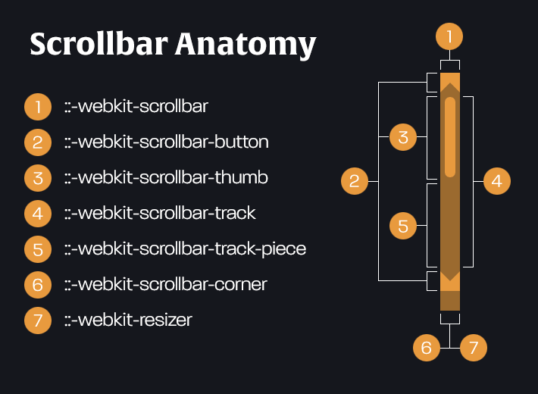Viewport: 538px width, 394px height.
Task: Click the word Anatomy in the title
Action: coord(246,45)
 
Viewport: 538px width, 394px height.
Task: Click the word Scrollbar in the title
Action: coord(99,45)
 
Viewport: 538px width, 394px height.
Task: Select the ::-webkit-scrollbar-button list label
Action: coord(166,142)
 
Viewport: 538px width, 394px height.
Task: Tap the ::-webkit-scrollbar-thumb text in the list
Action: coord(166,177)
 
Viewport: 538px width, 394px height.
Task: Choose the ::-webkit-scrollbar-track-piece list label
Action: coord(185,249)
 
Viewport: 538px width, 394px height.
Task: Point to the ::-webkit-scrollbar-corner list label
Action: coord(165,284)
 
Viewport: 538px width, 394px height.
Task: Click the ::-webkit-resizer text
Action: coord(128,320)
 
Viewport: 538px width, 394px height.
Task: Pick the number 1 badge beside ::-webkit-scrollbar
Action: coord(37,106)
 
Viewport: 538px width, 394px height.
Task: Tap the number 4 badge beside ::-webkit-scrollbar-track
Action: coord(37,213)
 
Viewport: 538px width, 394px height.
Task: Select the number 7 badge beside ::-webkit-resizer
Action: coord(37,320)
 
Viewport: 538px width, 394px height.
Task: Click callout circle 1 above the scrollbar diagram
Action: coord(449,36)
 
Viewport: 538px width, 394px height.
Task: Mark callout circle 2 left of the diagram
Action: coord(354,181)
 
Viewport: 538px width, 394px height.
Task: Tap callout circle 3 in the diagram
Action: coord(403,137)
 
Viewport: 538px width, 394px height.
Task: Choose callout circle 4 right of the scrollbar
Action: coord(496,181)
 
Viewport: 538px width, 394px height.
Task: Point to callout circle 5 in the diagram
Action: coord(403,225)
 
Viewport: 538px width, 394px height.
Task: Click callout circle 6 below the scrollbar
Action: coord(427,348)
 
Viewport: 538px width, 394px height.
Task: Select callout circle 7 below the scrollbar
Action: coord(474,348)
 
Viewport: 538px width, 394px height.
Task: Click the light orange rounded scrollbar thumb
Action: coord(450,136)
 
